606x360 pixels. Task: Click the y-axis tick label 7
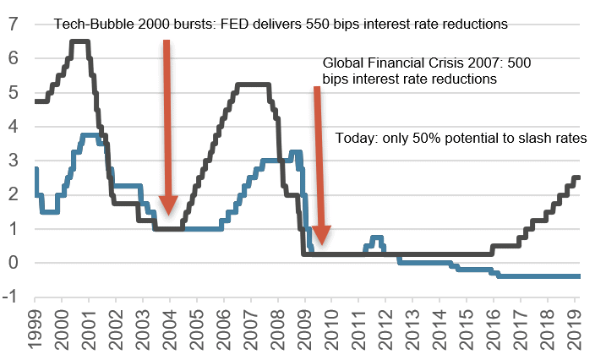tap(14, 24)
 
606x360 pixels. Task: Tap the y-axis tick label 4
tap(14, 127)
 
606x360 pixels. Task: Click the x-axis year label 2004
tap(170, 329)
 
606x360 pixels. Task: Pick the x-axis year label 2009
tap(305, 329)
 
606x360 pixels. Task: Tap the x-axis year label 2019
tap(575, 329)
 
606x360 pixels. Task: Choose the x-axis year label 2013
tap(412, 329)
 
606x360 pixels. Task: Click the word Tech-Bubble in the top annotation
tap(94, 24)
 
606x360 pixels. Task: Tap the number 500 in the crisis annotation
tap(519, 63)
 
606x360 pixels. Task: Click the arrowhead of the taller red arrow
tap(168, 205)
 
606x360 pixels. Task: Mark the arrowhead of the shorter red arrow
tap(321, 235)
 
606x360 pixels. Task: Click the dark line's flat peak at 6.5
tap(80, 41)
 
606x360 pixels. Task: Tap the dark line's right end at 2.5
tap(579, 177)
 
